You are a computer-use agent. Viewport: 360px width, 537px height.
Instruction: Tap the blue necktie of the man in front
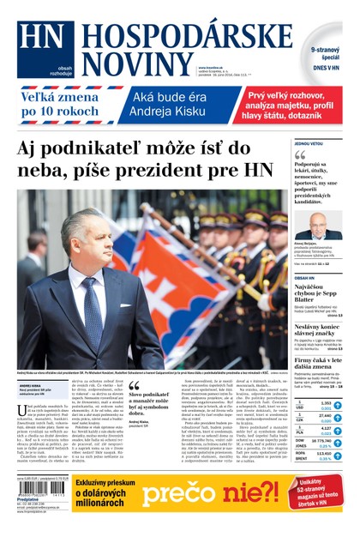pyautogui.click(x=91, y=313)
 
